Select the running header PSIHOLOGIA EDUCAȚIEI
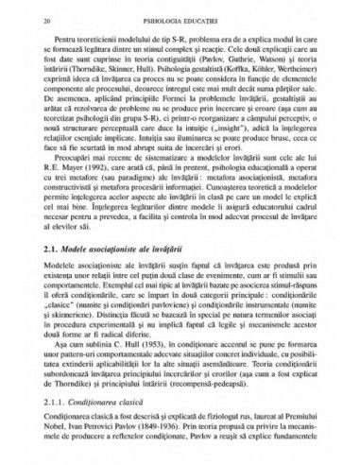pos(181,18)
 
